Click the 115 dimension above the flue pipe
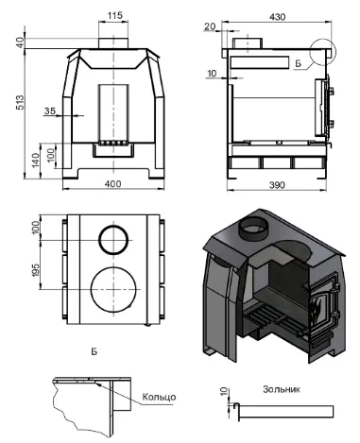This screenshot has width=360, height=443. (x=114, y=15)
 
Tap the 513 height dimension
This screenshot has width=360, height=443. (x=20, y=102)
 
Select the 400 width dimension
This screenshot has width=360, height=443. (x=112, y=183)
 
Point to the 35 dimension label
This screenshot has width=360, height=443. (x=49, y=111)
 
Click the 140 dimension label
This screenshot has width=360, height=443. (x=35, y=160)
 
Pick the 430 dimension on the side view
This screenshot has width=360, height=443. (x=278, y=17)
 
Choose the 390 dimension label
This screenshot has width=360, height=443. (x=277, y=185)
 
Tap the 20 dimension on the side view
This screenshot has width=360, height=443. (x=210, y=26)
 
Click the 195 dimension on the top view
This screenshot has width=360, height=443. (x=35, y=271)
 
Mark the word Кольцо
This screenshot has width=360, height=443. (x=159, y=397)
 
